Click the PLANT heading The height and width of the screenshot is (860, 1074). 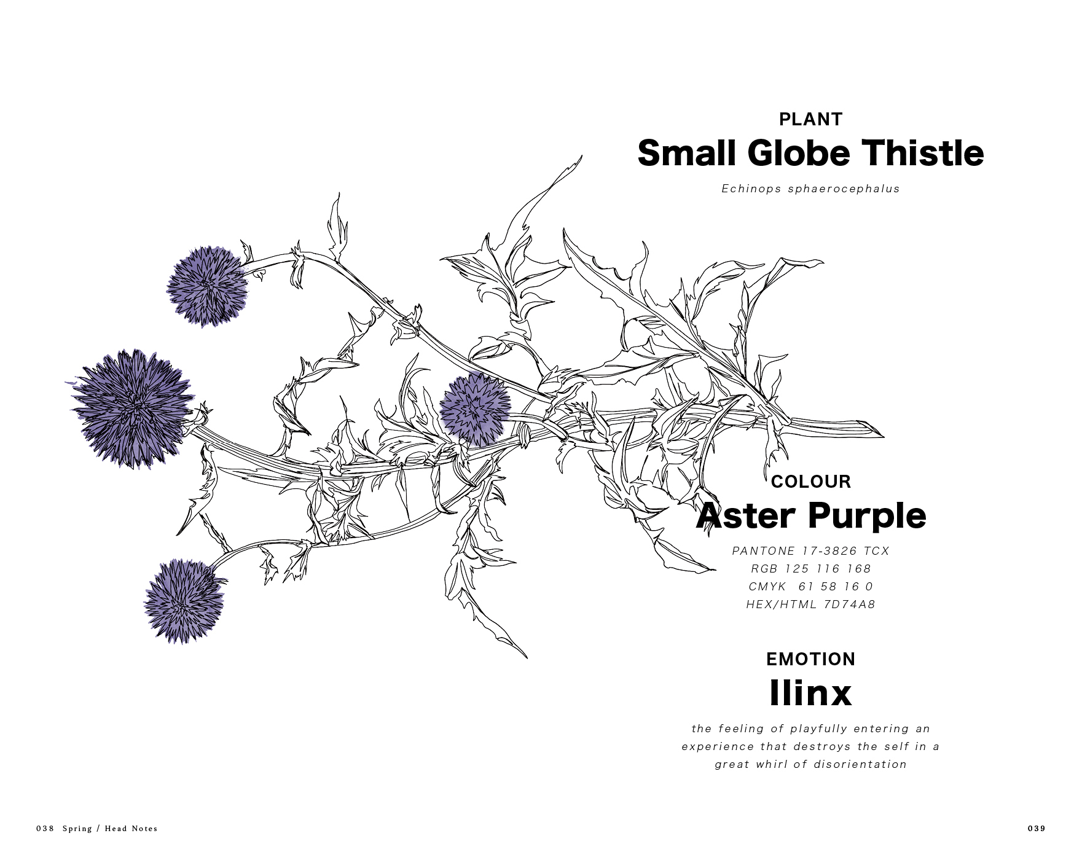click(x=810, y=119)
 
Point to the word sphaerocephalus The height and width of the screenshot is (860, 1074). click(x=844, y=189)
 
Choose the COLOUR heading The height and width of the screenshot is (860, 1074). click(x=810, y=482)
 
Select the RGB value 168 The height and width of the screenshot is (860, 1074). click(x=859, y=569)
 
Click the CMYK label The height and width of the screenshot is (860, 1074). click(x=767, y=587)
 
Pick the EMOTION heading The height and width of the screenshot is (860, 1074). click(x=810, y=659)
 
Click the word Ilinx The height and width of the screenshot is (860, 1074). click(x=810, y=693)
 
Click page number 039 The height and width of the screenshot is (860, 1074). click(x=1036, y=829)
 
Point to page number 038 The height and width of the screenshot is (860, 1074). click(x=45, y=829)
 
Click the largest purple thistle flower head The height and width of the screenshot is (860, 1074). click(x=132, y=407)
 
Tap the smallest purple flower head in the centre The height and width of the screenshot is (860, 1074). click(x=475, y=408)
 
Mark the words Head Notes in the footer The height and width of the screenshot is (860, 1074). click(x=131, y=829)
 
